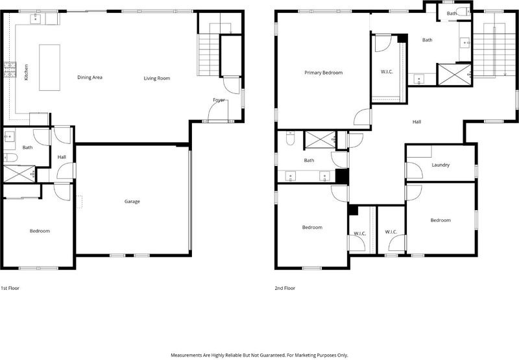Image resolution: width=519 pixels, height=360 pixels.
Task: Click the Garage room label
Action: [x=132, y=202]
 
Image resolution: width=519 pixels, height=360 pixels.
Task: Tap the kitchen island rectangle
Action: [x=50, y=67]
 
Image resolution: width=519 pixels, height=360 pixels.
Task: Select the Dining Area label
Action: [x=90, y=77]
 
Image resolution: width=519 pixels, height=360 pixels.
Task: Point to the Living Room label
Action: [x=157, y=78]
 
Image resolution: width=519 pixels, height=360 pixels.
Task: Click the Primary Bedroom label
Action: [x=323, y=73]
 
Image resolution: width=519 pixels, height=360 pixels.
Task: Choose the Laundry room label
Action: [x=441, y=165]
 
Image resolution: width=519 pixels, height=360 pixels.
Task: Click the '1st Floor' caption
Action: [x=10, y=288]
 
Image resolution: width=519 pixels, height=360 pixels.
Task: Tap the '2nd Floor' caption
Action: [x=285, y=288]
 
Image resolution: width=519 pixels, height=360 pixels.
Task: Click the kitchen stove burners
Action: [x=10, y=69]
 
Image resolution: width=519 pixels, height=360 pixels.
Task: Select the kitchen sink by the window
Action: [x=36, y=19]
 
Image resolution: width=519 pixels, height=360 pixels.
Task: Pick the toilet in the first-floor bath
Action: [x=10, y=158]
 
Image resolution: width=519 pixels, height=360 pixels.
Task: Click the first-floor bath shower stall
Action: [x=19, y=174]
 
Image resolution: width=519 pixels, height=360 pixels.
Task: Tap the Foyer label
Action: [x=219, y=100]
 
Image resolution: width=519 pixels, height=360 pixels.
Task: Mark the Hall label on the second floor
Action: [x=416, y=122]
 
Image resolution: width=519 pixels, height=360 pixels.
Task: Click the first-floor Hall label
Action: [x=62, y=157]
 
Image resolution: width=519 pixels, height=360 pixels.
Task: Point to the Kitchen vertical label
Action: [x=27, y=72]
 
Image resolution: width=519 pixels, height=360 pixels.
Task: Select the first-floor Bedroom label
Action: [x=40, y=231]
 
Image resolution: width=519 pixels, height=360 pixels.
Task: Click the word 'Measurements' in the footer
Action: [x=186, y=355]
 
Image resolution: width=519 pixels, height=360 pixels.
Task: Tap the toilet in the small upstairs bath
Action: [x=463, y=12]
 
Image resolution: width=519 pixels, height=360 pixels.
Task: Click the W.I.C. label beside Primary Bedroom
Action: [x=387, y=71]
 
